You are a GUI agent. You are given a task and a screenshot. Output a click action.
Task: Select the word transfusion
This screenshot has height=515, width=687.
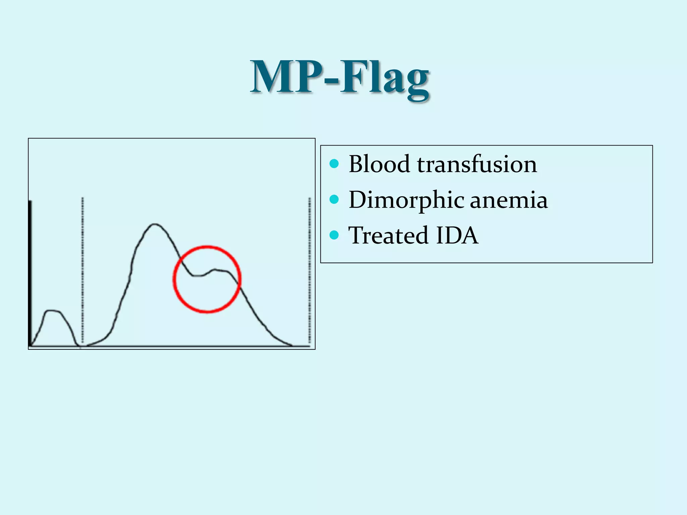(477, 164)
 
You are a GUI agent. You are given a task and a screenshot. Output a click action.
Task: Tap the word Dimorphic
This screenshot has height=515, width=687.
(406, 200)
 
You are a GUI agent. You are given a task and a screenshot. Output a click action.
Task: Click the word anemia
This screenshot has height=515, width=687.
(509, 200)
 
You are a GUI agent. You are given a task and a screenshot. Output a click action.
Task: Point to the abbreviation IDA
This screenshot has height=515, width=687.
(457, 235)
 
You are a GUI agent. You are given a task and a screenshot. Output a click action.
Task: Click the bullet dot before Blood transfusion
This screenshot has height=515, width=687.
(334, 164)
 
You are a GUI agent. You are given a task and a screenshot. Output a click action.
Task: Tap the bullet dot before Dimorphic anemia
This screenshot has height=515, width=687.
(334, 200)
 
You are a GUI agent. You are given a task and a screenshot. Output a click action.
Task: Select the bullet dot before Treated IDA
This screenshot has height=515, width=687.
(334, 235)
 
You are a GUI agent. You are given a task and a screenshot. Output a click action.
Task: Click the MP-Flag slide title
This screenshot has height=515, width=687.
(340, 78)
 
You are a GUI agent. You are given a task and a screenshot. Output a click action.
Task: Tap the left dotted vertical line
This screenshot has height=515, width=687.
(83, 268)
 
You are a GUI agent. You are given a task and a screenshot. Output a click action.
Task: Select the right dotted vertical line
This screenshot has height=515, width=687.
(309, 268)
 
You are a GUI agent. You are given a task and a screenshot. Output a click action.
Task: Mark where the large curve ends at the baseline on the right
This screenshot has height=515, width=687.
(291, 345)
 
